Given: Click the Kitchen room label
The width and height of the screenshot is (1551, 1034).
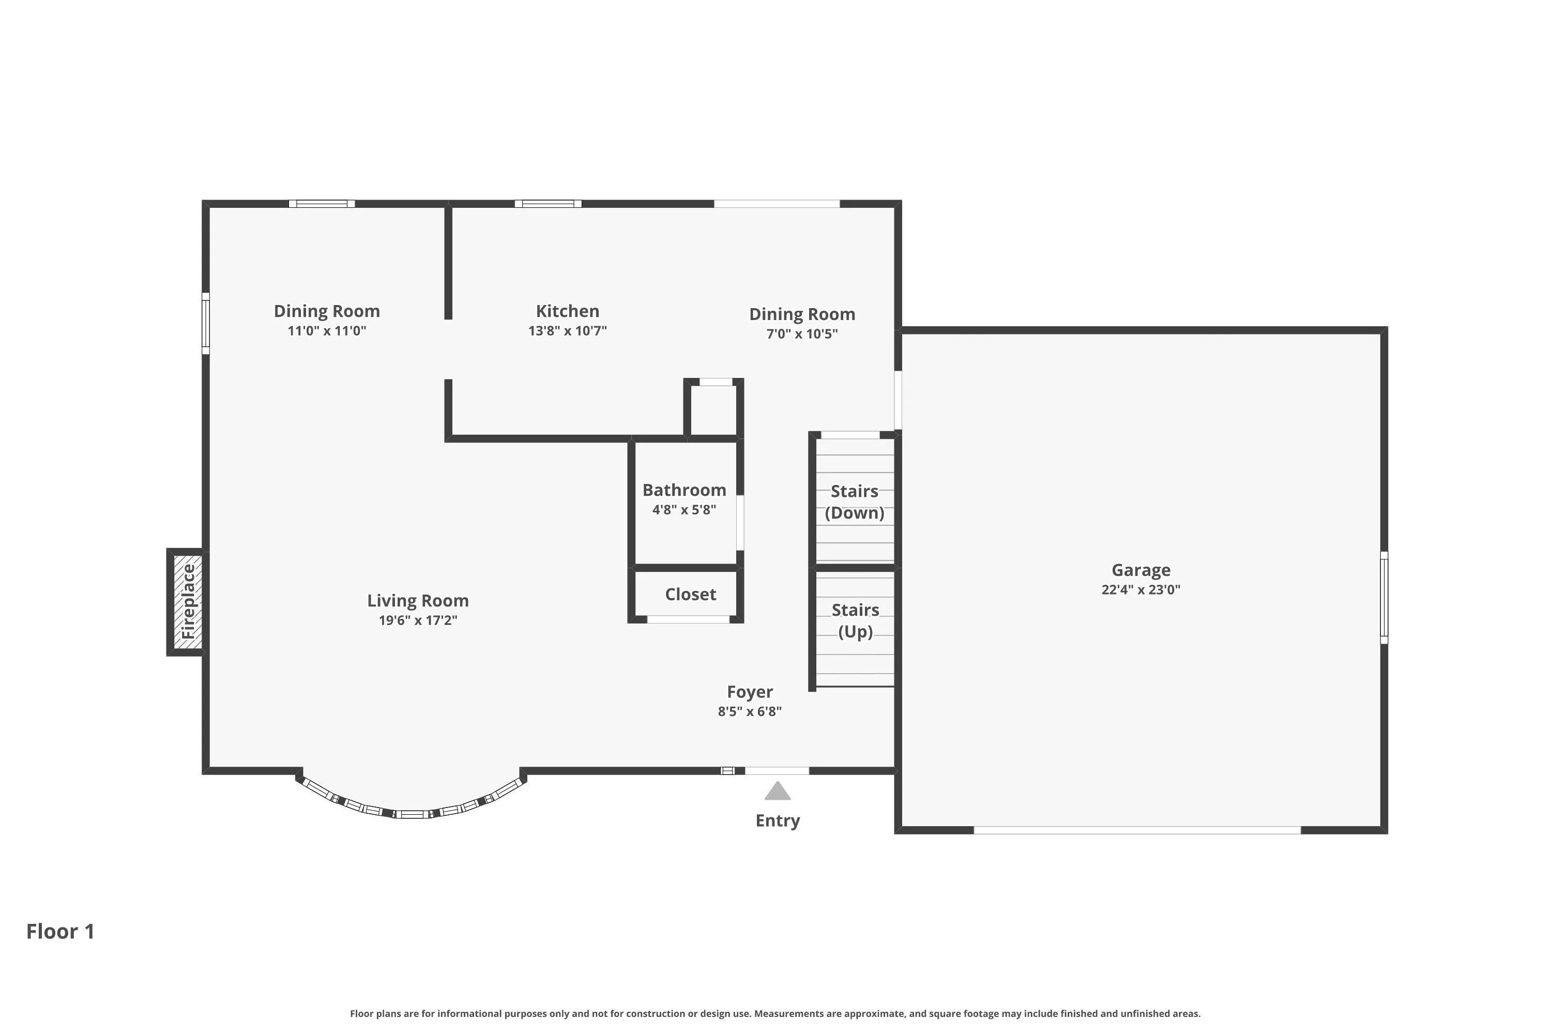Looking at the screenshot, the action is click(x=567, y=311).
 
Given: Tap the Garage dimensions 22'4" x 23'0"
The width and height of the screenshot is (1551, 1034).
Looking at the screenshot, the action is click(x=1141, y=589).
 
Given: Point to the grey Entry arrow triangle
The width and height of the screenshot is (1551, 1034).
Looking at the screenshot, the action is click(x=778, y=790).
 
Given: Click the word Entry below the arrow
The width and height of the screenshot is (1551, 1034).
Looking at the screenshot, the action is click(x=778, y=821).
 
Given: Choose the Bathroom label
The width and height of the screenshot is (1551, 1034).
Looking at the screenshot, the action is click(x=685, y=490).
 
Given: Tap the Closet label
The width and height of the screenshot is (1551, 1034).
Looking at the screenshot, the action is click(x=690, y=594).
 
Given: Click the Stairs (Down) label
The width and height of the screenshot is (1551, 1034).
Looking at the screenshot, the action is click(x=855, y=502).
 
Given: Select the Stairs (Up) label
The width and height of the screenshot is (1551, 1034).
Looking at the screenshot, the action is click(x=855, y=620).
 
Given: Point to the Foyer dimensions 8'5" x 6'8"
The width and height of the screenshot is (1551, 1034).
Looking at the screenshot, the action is click(x=750, y=711).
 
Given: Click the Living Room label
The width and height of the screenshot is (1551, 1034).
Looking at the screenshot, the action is click(x=418, y=601).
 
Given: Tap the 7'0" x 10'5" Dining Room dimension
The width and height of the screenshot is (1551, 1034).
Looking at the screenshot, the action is click(x=802, y=333).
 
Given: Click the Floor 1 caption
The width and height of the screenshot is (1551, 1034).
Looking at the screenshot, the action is click(x=60, y=932).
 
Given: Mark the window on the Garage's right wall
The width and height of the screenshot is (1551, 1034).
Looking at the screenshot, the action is click(x=1384, y=598).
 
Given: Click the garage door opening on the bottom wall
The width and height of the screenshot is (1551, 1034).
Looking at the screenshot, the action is click(x=1137, y=830).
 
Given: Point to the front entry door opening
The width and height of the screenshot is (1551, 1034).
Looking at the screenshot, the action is click(x=777, y=771).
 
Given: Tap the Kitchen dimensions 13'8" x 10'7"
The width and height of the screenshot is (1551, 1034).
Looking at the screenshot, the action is click(x=567, y=331).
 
